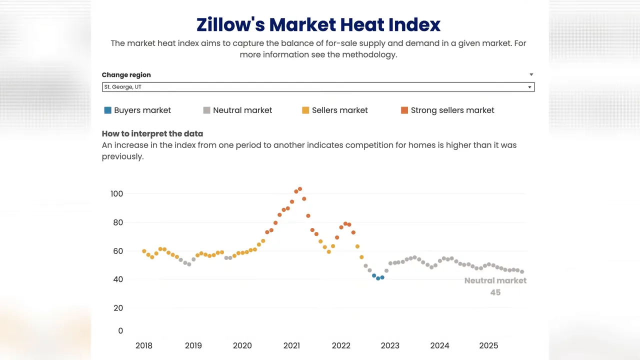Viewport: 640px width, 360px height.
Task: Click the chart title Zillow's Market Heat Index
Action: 318,24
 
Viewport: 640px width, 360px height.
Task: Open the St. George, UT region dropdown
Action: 318,87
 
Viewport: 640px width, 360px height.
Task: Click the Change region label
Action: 126,75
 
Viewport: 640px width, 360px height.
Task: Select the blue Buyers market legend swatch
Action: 107,110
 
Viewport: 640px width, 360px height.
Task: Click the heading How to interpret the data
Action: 152,134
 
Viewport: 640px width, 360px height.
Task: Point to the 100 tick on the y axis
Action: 116,194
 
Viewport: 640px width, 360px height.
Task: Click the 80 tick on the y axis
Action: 118,222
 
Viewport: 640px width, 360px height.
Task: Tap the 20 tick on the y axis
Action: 118,308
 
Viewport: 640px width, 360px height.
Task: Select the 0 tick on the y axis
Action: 120,331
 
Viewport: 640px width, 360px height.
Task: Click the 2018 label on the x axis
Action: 144,345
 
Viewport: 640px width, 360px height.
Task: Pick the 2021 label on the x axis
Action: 291,345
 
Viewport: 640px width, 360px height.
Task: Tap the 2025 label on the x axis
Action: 488,345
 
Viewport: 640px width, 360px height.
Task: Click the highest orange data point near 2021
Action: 300,189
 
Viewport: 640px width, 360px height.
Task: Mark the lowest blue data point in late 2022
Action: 378,278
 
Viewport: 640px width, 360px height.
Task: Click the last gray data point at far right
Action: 522,272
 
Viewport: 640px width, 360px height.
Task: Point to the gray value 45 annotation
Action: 495,292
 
